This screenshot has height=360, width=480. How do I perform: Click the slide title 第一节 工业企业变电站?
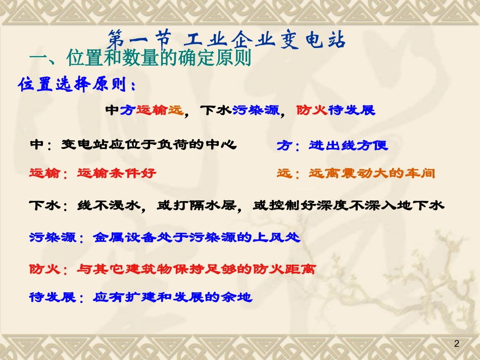[227, 39]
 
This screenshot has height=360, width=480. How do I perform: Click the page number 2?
[457, 344]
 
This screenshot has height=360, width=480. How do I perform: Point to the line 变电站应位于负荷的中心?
[149, 145]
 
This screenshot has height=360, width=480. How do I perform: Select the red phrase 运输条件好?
[117, 173]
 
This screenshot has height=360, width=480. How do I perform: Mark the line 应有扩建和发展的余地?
[172, 297]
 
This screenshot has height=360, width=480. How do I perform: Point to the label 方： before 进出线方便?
[288, 145]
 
